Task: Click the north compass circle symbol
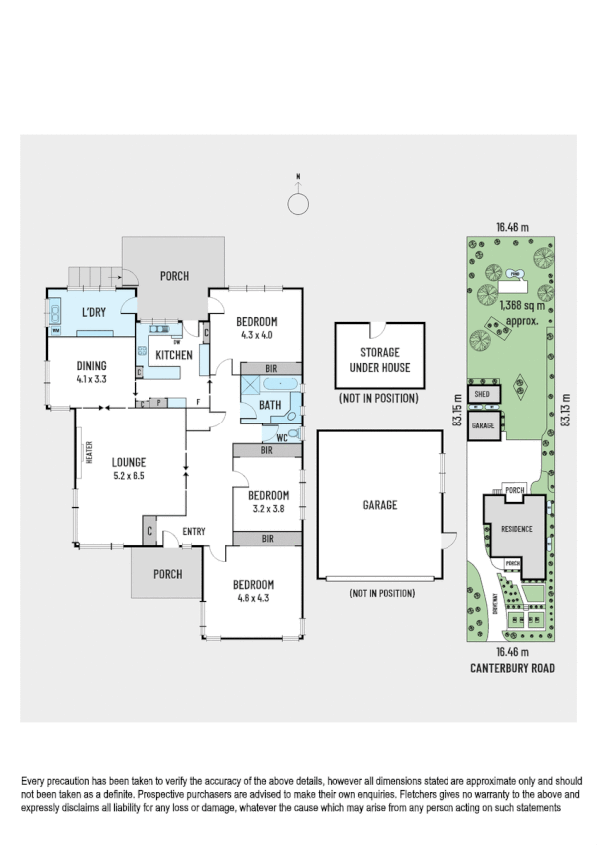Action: (x=298, y=204)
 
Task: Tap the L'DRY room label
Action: (x=94, y=313)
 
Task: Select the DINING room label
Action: (x=90, y=366)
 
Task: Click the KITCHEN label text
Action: (x=173, y=355)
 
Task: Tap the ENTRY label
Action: (x=193, y=532)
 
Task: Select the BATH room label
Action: (x=269, y=406)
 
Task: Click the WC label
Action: (x=282, y=436)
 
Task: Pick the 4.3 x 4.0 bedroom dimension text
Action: (x=256, y=335)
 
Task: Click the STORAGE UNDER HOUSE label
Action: (x=378, y=360)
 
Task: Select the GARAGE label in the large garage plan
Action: (x=380, y=505)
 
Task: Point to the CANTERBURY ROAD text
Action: (x=512, y=669)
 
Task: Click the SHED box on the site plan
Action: (x=483, y=395)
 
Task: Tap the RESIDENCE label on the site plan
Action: (x=516, y=529)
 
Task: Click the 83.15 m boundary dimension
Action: (x=458, y=409)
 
